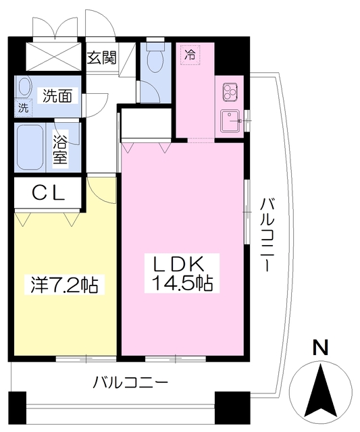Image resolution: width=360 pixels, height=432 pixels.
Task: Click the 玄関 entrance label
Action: pos(102,58)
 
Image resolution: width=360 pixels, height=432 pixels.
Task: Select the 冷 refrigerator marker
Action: pos(190,55)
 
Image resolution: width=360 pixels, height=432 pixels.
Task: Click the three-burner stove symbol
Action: pos(230,91)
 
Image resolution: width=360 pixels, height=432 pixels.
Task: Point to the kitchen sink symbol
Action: pos(231,121)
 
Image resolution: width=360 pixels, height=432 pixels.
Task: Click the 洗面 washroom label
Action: pos(57,96)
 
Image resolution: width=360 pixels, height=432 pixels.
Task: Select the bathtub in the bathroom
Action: pos(30,148)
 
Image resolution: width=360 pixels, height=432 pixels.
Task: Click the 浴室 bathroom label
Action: pos(60,149)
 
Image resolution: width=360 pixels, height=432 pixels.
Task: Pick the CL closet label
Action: pos(49,192)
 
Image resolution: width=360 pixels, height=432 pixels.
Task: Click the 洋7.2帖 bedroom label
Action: pos(64,284)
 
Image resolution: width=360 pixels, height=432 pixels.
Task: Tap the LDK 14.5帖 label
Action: pos(182,273)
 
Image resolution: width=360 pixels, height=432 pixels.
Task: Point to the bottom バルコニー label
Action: pos(130,382)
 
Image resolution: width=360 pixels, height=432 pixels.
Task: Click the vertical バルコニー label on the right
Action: pos(267,235)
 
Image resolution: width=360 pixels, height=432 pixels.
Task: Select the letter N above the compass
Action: pos(321,348)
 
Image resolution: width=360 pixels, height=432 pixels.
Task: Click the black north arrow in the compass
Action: pos(322,391)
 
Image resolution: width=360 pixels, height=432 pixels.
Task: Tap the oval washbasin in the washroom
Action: pos(24,86)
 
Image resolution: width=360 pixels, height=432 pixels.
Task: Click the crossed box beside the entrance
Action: pos(54,57)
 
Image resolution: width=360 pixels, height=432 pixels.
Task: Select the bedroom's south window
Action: pos(86,358)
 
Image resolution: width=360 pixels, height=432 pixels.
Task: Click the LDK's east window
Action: pos(247,211)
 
